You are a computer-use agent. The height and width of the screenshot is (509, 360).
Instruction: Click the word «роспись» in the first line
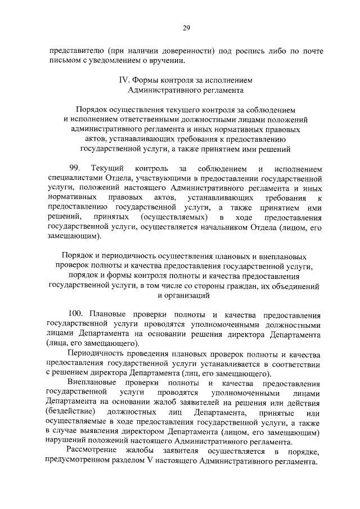coord(256,51)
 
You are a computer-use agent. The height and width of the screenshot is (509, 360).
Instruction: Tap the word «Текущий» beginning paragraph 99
coord(106,169)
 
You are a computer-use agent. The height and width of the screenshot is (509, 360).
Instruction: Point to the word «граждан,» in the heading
coord(236,285)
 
